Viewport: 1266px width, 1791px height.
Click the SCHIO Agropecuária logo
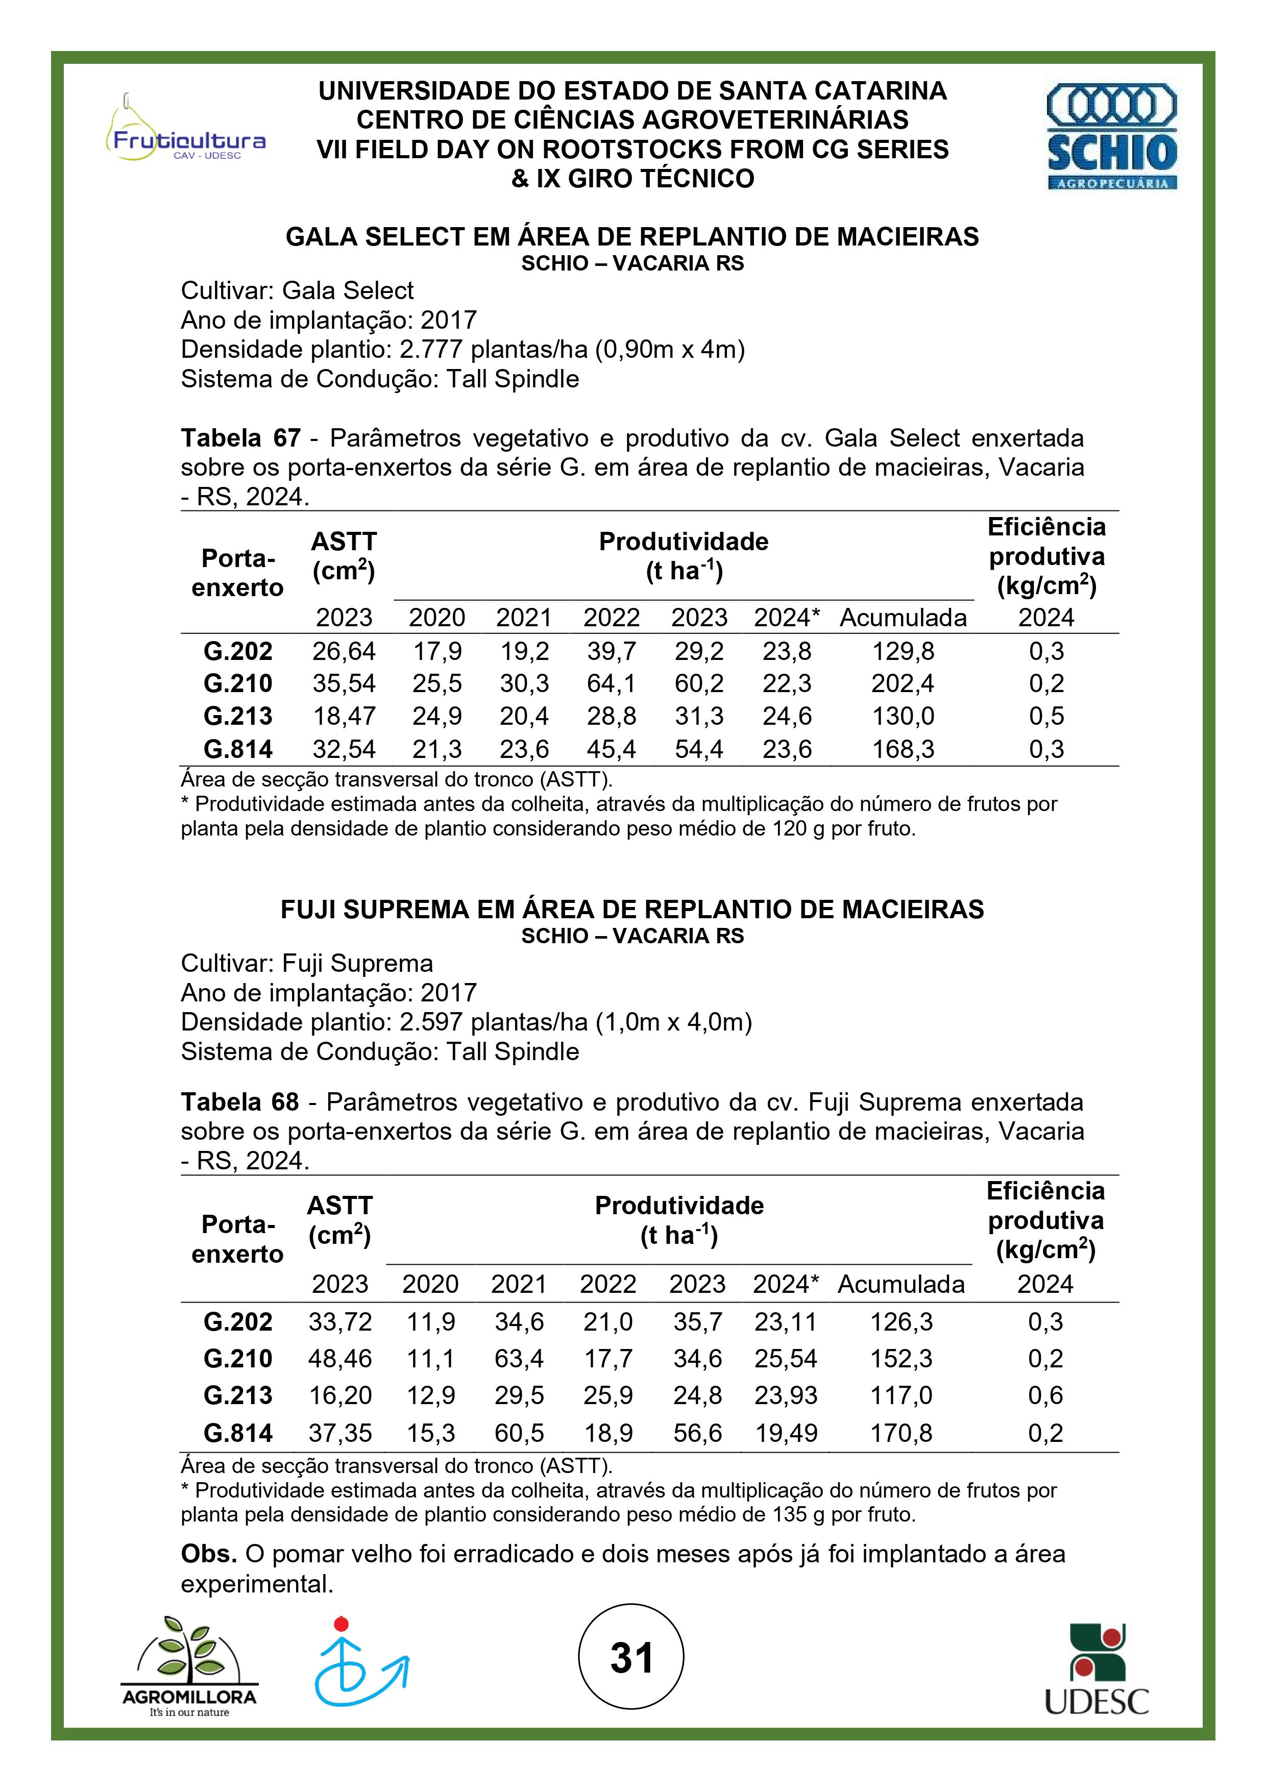1111,136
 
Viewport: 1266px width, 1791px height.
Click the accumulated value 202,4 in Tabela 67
903,684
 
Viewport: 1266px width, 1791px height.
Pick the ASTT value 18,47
344,716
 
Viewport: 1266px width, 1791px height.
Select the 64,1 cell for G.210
612,684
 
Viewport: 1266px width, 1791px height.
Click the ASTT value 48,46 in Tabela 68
340,1358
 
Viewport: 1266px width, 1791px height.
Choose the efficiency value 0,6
1045,1395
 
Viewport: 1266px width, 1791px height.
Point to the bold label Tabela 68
239,1102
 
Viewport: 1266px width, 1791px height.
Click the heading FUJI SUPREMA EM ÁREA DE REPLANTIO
632,910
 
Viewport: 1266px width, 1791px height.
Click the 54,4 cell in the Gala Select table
699,750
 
